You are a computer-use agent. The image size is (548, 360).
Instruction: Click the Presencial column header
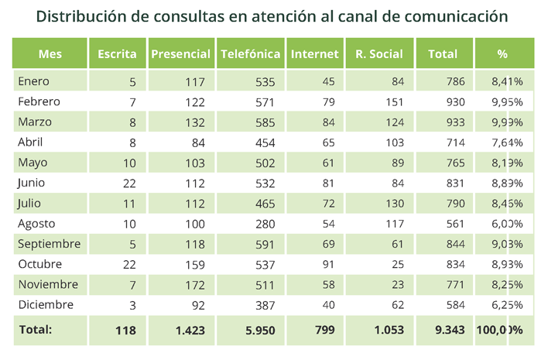click(180, 54)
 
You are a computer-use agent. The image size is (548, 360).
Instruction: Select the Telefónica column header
click(250, 54)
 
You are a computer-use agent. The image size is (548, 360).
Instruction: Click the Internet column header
click(314, 54)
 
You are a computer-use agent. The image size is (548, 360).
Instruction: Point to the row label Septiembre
click(49, 244)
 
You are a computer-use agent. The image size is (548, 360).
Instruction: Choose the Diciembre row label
click(46, 304)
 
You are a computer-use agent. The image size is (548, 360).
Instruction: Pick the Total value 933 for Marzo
click(454, 122)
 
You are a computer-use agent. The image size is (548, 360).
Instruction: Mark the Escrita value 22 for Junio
click(128, 183)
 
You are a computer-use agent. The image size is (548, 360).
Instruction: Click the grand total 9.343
click(449, 330)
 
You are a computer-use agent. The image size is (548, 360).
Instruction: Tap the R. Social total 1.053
click(389, 330)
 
